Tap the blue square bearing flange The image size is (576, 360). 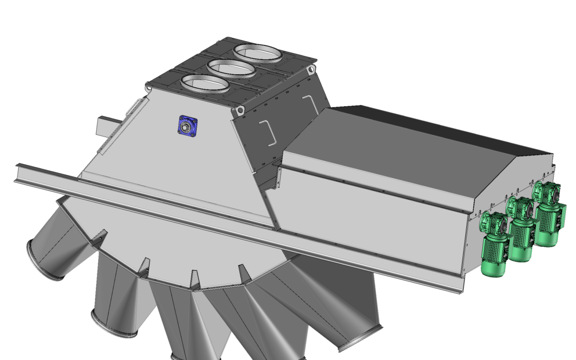pos(187,126)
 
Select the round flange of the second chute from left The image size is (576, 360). pos(113,325)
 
